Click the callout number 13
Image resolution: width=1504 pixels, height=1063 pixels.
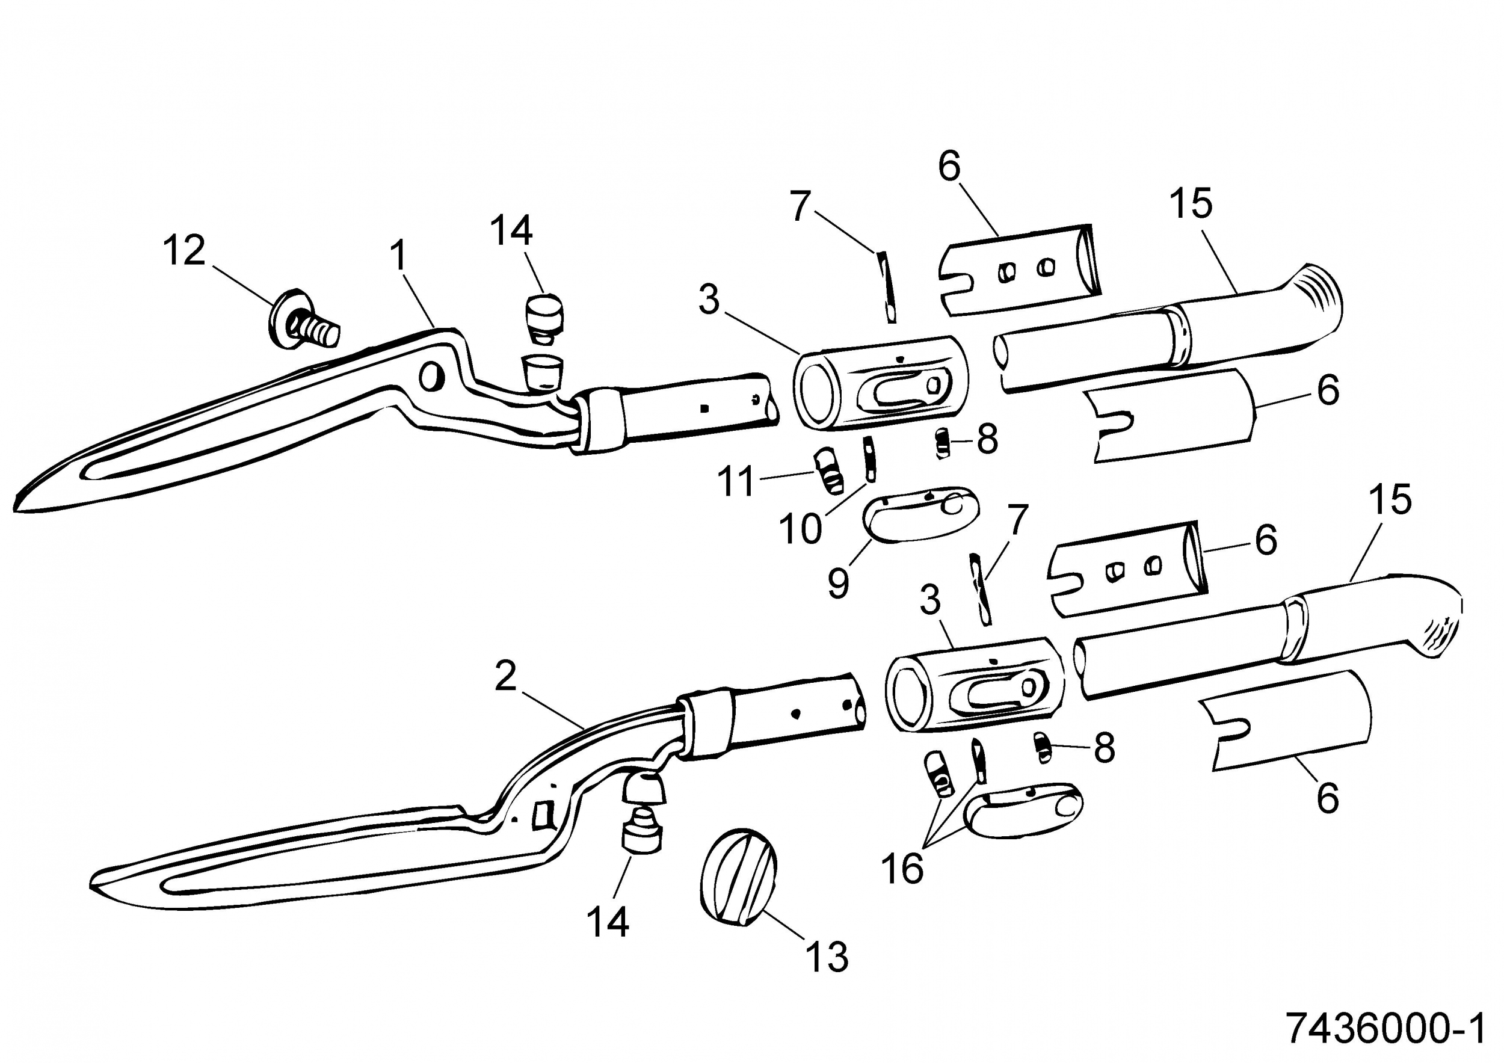827,957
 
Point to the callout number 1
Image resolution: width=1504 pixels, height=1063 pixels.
398,255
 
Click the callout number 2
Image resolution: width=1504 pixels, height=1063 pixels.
506,677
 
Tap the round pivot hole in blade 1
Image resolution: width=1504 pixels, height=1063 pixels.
432,377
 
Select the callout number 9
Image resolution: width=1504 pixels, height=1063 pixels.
839,583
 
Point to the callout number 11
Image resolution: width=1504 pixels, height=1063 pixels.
738,481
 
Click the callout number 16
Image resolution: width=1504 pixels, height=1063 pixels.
902,869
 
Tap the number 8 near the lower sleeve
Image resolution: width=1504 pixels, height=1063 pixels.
1105,747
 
